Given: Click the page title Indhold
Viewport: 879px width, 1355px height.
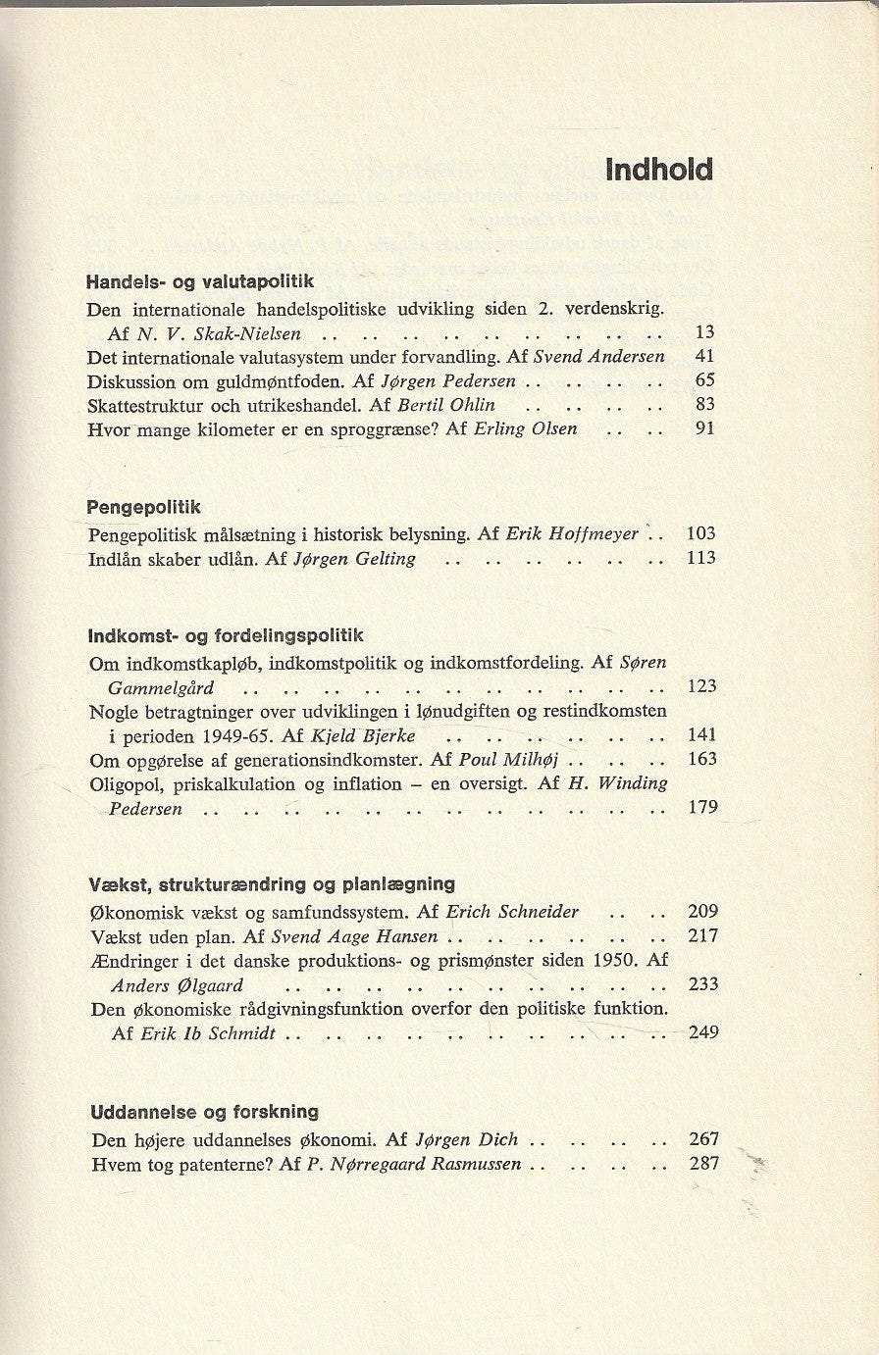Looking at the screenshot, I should click(659, 170).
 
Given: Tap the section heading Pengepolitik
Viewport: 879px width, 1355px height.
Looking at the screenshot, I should click(143, 507).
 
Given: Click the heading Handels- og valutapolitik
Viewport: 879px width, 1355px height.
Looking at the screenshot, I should click(200, 281).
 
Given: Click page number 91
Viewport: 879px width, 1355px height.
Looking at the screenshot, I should click(703, 427).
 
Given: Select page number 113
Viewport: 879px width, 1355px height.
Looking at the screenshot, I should click(701, 558).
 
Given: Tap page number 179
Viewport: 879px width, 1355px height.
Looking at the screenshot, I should click(702, 807).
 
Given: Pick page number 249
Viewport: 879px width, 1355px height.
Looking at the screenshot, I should click(703, 1031).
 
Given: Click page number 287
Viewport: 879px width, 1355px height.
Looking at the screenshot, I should click(703, 1163).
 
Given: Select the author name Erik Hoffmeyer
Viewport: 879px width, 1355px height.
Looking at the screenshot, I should click(572, 534).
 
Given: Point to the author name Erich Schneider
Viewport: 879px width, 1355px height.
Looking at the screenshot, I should click(512, 911).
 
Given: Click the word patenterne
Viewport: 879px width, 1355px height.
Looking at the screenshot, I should click(227, 1164).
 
